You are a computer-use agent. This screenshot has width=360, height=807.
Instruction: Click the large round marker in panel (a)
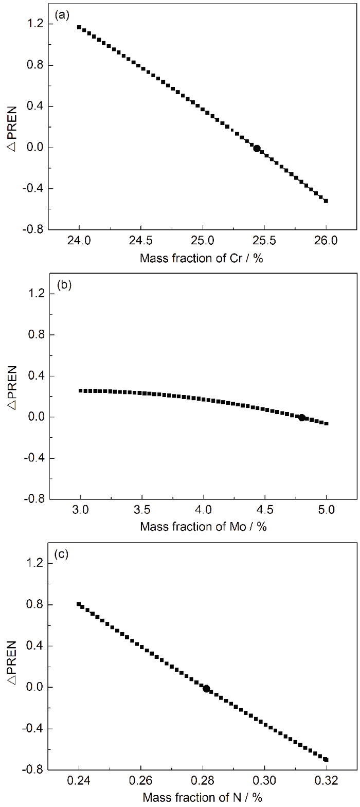257,149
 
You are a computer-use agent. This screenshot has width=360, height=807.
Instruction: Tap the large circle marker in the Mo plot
302,418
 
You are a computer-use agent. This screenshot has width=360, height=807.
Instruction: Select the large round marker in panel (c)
206,688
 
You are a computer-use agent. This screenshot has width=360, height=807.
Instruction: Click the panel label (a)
63,15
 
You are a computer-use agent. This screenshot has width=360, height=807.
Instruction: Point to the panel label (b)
63,285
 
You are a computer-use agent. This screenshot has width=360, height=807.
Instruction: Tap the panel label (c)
63,554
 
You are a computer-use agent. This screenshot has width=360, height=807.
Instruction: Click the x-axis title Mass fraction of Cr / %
202,258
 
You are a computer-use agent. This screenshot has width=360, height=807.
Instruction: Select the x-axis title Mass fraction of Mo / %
203,527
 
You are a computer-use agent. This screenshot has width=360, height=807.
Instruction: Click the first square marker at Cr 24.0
79,27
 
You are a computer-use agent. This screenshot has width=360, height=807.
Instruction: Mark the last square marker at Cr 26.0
326,201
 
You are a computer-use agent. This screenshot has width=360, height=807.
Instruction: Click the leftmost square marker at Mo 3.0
81,391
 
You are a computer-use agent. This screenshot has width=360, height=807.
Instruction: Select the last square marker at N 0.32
326,759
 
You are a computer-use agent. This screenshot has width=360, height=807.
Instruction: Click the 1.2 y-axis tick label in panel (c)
40,564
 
